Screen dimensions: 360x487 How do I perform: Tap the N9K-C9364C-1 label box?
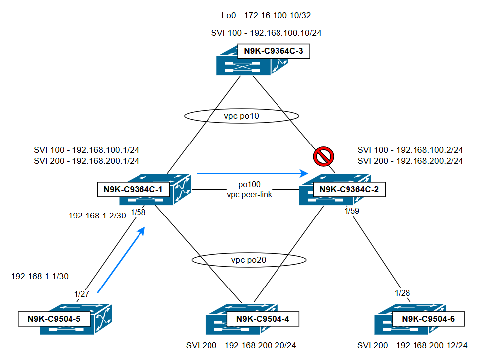pyautogui.click(x=134, y=189)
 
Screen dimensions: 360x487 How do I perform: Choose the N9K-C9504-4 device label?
pyautogui.click(x=263, y=319)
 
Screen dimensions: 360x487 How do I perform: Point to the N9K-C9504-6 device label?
pyautogui.click(x=428, y=319)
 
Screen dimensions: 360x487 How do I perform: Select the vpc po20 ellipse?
pyautogui.click(x=249, y=260)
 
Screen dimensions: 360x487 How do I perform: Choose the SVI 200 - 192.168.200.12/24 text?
pyautogui.click(x=413, y=345)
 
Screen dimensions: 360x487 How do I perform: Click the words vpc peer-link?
pyautogui.click(x=249, y=194)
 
